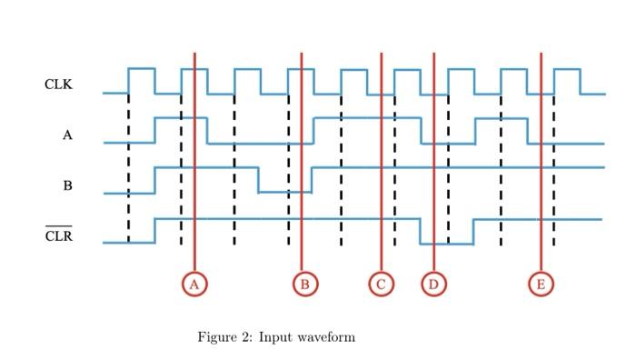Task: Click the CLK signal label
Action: tap(58, 85)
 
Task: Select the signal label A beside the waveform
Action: tap(67, 135)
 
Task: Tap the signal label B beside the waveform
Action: tap(67, 186)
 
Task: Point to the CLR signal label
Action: tap(58, 237)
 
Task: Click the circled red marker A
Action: tap(194, 285)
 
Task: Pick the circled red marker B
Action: tap(305, 285)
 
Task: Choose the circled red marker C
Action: tap(382, 285)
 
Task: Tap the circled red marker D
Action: tap(433, 285)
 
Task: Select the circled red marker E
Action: tap(541, 285)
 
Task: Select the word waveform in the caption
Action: tap(327, 337)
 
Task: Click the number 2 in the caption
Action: tap(246, 337)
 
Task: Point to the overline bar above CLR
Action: tap(58, 226)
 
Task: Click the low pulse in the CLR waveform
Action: tap(446, 243)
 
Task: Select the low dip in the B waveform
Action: tap(284, 191)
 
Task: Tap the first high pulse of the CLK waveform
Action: tap(141, 69)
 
